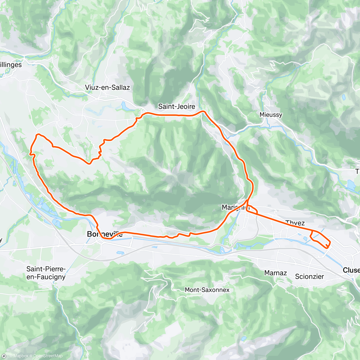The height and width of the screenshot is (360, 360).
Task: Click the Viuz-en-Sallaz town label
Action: [x=107, y=88]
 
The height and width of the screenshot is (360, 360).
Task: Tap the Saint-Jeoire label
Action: [x=176, y=106]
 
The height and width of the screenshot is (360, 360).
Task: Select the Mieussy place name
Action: [x=271, y=115]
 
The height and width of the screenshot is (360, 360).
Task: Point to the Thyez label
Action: [x=295, y=223]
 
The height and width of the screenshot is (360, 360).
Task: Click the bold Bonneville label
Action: [x=104, y=234]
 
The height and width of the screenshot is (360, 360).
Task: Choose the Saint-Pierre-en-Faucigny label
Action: [x=46, y=273]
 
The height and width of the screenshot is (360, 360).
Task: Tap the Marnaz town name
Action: [x=275, y=273]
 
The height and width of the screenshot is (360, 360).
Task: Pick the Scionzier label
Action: [x=309, y=277]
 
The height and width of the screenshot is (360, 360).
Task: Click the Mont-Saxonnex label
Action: [x=207, y=290]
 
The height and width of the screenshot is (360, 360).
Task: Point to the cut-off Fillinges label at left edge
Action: [x=11, y=65]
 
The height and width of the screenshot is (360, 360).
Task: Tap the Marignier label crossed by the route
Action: [x=235, y=207]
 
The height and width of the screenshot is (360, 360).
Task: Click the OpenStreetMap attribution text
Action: [x=48, y=356]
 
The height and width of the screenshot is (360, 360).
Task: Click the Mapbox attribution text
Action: [x=20, y=356]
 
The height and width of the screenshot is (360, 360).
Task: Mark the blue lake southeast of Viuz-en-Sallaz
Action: [x=124, y=106]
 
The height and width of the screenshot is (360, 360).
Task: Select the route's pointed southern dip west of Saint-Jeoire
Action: [x=89, y=163]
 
